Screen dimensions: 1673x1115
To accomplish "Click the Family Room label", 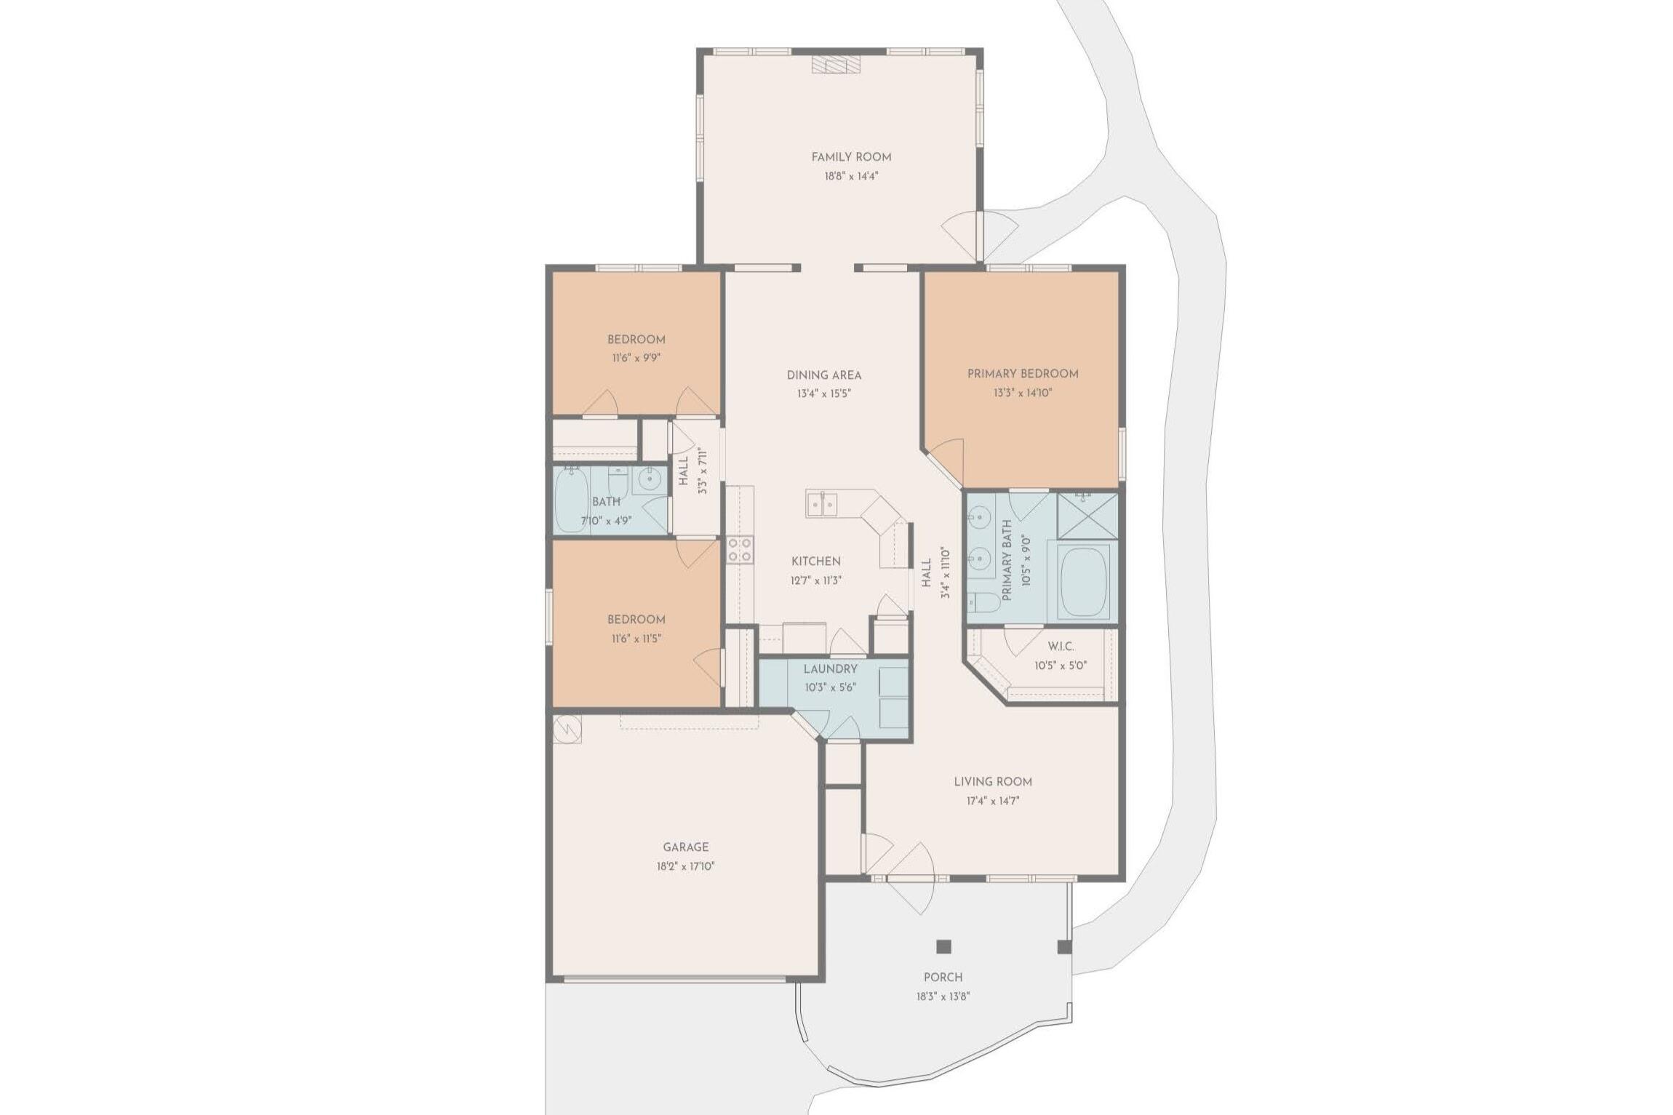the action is (x=851, y=156).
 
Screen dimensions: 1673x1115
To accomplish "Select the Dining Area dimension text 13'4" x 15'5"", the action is (x=824, y=394).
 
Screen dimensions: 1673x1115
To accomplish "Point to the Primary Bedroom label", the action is (x=1023, y=374).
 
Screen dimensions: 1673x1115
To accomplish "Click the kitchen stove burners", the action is (x=740, y=550).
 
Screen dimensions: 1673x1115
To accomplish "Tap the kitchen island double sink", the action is (x=822, y=503).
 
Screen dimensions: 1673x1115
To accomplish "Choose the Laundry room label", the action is (x=831, y=669).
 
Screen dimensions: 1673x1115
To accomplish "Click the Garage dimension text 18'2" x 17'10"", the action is (x=685, y=866).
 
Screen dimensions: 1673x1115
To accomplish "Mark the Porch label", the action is (x=943, y=977).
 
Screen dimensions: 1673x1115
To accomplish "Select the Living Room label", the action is (x=993, y=782).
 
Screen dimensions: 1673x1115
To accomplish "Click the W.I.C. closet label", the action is (x=1061, y=647).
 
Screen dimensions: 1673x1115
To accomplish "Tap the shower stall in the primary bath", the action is (x=1087, y=516).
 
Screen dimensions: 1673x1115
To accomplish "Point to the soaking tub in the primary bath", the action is (x=1084, y=583).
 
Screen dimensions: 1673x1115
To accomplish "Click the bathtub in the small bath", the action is (x=571, y=500).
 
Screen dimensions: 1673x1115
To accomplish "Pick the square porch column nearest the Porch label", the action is (x=943, y=946).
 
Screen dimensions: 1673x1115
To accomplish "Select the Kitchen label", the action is (x=816, y=562).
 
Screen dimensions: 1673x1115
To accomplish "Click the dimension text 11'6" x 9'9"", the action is (x=636, y=358).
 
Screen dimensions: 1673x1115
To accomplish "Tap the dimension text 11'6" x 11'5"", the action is (x=636, y=639).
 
